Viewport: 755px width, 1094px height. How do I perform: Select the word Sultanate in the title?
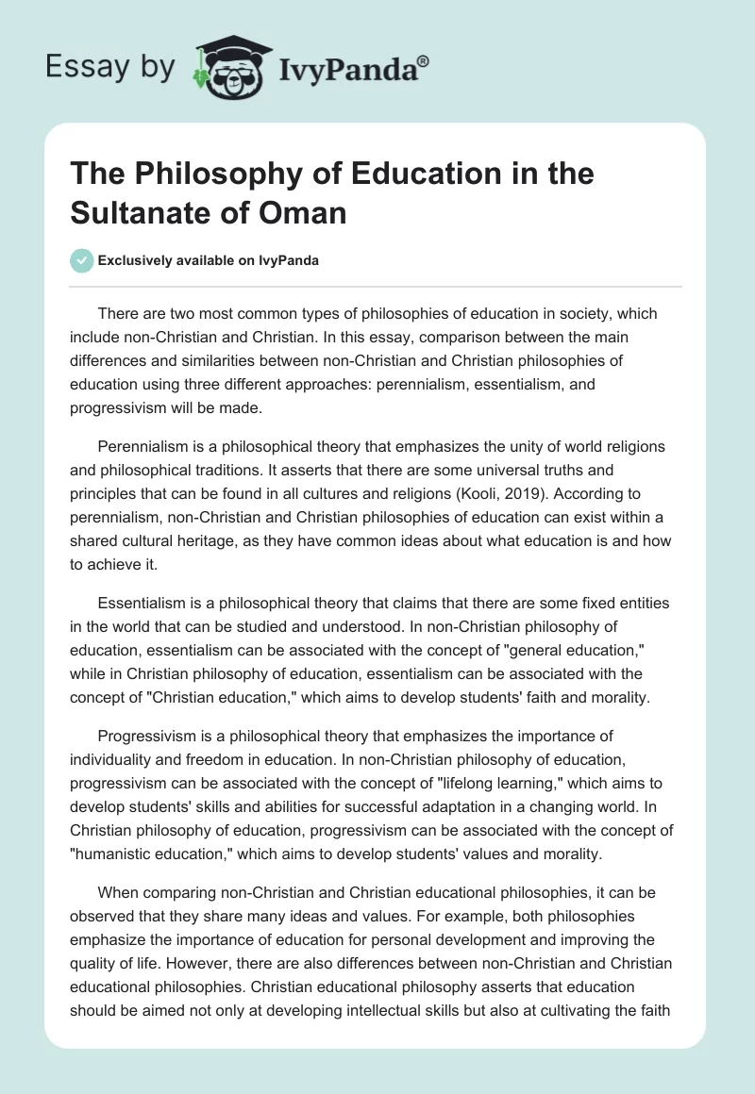coord(139,212)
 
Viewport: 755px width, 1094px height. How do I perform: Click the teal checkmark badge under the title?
coord(82,260)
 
